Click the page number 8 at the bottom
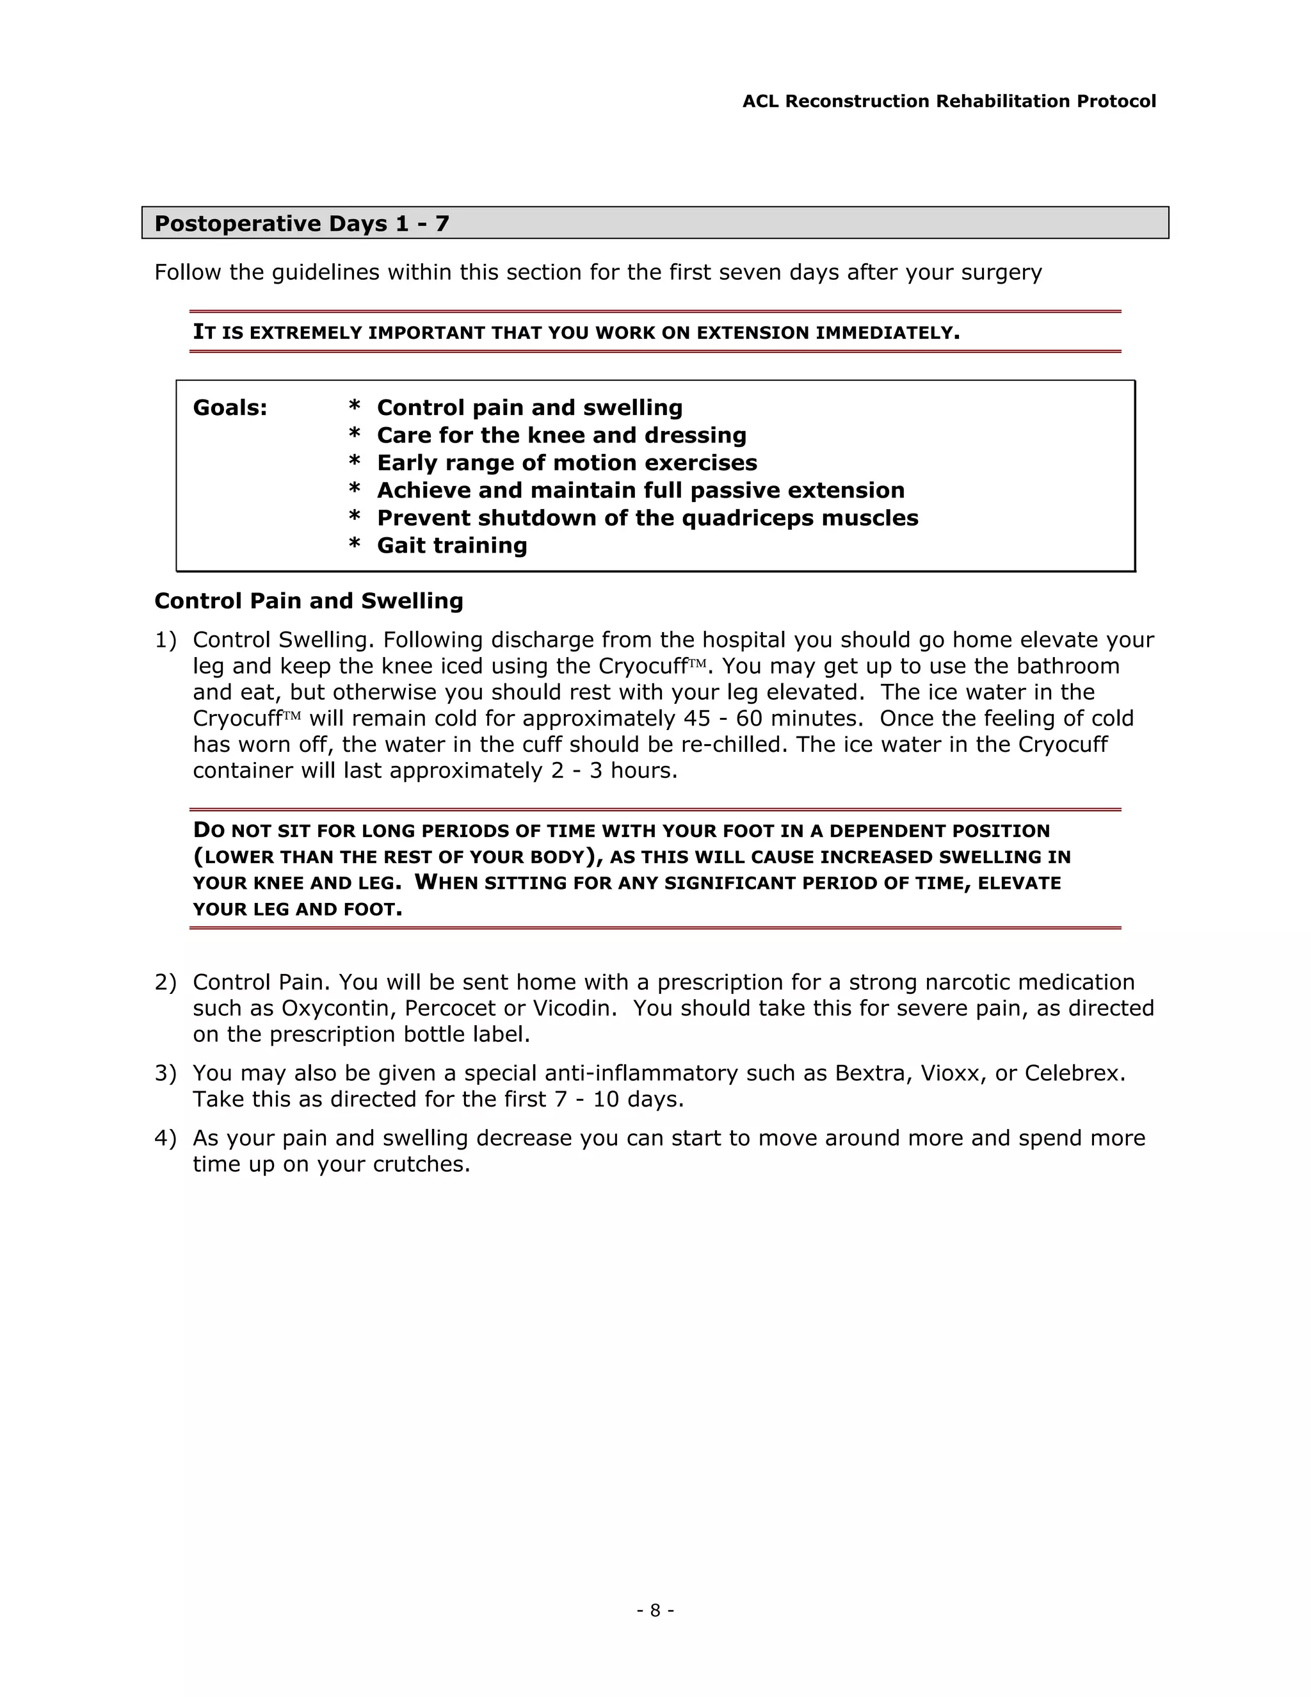pos(655,1610)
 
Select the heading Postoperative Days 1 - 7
pos(302,223)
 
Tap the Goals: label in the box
pos(230,408)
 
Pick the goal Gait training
pos(451,546)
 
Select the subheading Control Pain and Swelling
pos(309,601)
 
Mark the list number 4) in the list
pos(165,1139)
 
